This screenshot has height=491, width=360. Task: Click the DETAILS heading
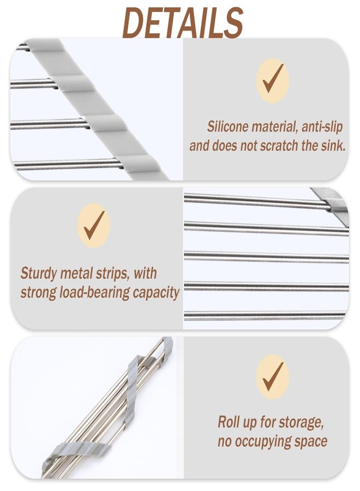(183, 22)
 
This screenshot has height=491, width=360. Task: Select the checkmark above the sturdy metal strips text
(94, 225)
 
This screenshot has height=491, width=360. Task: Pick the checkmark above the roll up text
(273, 376)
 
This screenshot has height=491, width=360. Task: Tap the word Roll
(228, 422)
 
